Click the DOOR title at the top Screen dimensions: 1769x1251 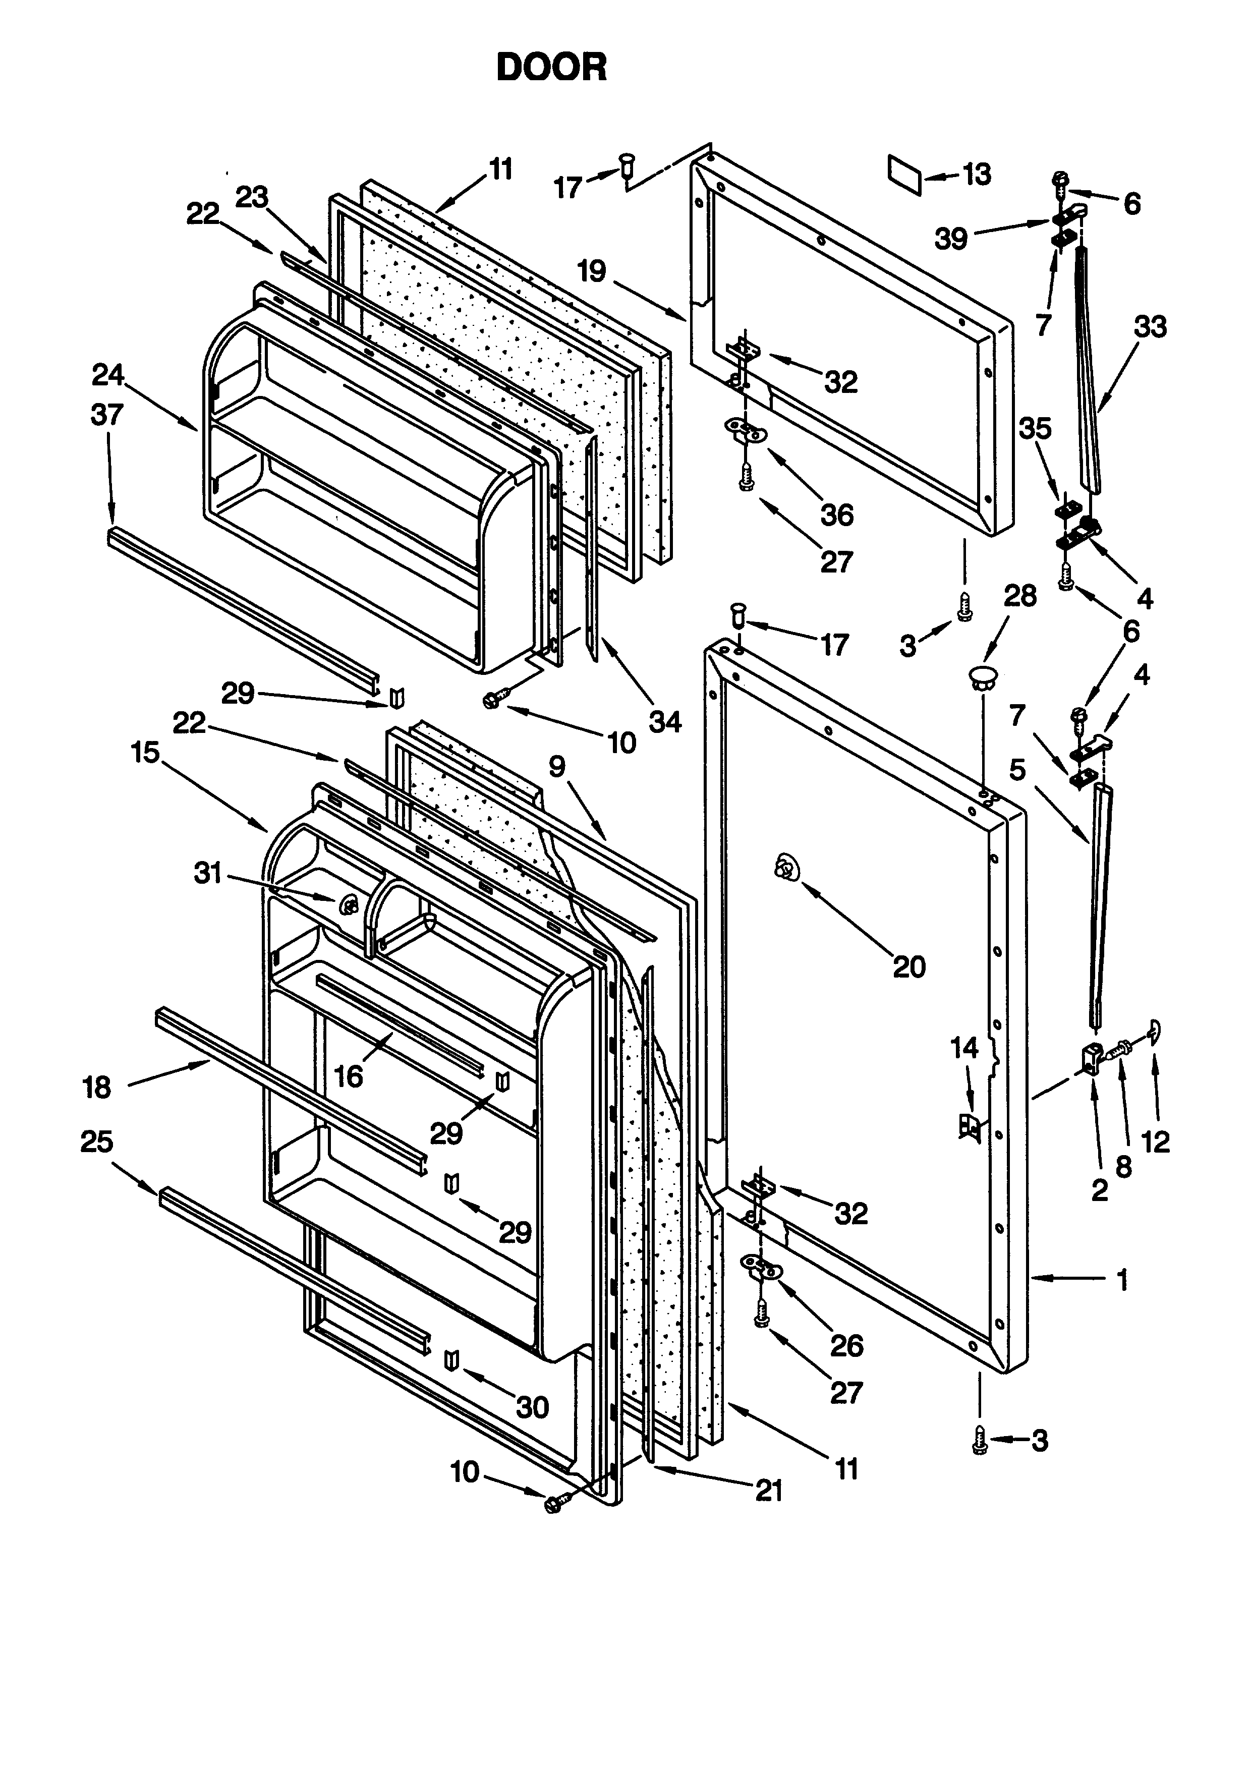click(551, 68)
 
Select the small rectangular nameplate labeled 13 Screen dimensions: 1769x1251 click(904, 174)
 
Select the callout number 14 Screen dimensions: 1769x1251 click(964, 1048)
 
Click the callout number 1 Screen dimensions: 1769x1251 click(1123, 1279)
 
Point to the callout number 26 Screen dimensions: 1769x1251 click(846, 1345)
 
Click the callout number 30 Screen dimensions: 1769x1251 click(532, 1408)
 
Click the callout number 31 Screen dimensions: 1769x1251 click(207, 873)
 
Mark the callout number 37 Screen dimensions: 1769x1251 click(106, 415)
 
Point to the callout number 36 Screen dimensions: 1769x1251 click(836, 514)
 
